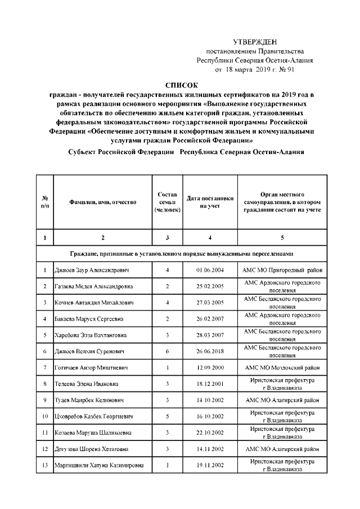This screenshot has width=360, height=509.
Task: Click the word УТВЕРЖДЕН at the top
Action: [x=255, y=42]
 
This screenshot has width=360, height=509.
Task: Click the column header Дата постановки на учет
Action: [x=210, y=202]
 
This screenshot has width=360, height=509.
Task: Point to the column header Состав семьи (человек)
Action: [x=167, y=202]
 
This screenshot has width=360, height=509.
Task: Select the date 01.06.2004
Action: [x=210, y=271]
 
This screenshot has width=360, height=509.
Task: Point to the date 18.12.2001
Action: [x=210, y=384]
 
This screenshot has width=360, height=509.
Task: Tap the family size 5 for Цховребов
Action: [x=168, y=417]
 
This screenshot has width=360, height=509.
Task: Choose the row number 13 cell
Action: [x=44, y=465]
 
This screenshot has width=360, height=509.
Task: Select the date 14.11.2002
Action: [x=210, y=449]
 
